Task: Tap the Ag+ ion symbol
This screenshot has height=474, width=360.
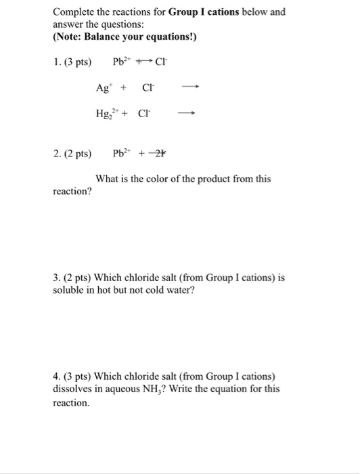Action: click(x=104, y=87)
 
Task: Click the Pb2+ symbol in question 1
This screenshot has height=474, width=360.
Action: click(x=124, y=63)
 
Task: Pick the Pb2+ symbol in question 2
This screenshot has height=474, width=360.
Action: click(x=124, y=153)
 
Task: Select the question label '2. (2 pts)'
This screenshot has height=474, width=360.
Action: click(x=71, y=153)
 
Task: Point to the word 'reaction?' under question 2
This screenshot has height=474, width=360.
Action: click(x=72, y=192)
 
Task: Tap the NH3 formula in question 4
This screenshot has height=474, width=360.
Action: click(x=185, y=389)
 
